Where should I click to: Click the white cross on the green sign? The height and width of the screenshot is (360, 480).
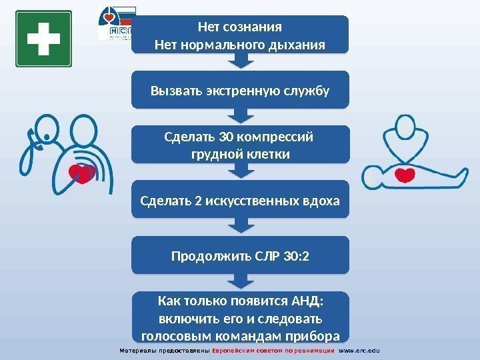point(43,39)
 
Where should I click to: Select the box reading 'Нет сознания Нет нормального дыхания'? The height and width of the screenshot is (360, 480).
point(240,34)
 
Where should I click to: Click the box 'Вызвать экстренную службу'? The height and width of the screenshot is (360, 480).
point(240,89)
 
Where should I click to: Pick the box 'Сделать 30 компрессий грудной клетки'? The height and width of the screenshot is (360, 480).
point(240,145)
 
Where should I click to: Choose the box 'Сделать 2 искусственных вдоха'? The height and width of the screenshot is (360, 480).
point(240,199)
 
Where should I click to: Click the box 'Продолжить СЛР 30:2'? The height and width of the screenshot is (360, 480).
point(240,254)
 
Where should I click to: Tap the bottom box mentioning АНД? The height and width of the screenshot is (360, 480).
point(240,316)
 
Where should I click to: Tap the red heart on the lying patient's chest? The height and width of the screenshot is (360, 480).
point(405,175)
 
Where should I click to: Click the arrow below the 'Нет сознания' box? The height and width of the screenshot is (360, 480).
point(240,61)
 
